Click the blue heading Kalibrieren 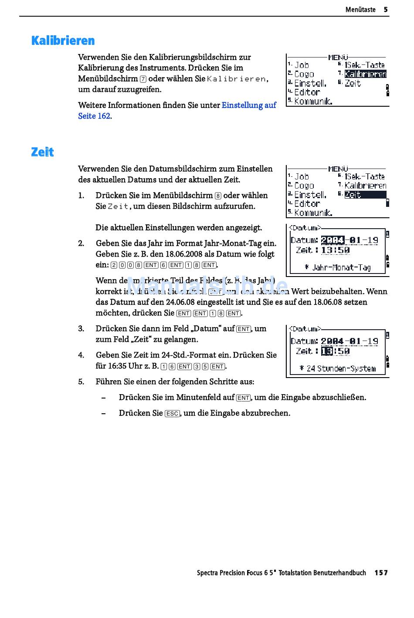pyautogui.click(x=63, y=41)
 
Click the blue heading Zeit pyautogui.click(x=42, y=152)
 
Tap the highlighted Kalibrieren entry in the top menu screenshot pyautogui.click(x=365, y=74)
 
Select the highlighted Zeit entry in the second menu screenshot pyautogui.click(x=353, y=195)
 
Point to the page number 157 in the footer pyautogui.click(x=381, y=573)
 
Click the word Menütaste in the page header pyautogui.click(x=360, y=10)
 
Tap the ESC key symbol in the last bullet pyautogui.click(x=172, y=413)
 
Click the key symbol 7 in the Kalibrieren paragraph pyautogui.click(x=143, y=79)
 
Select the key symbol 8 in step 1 pyautogui.click(x=218, y=196)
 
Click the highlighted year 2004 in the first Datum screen pyautogui.click(x=333, y=240)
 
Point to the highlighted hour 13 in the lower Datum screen pyautogui.click(x=327, y=351)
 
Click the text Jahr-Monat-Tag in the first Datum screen pyautogui.click(x=341, y=267)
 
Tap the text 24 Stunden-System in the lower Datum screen pyautogui.click(x=341, y=368)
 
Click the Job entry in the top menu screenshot pyautogui.click(x=302, y=65)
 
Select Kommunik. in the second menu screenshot pyautogui.click(x=313, y=213)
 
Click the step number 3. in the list pyautogui.click(x=81, y=329)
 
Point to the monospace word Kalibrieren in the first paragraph pyautogui.click(x=236, y=79)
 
